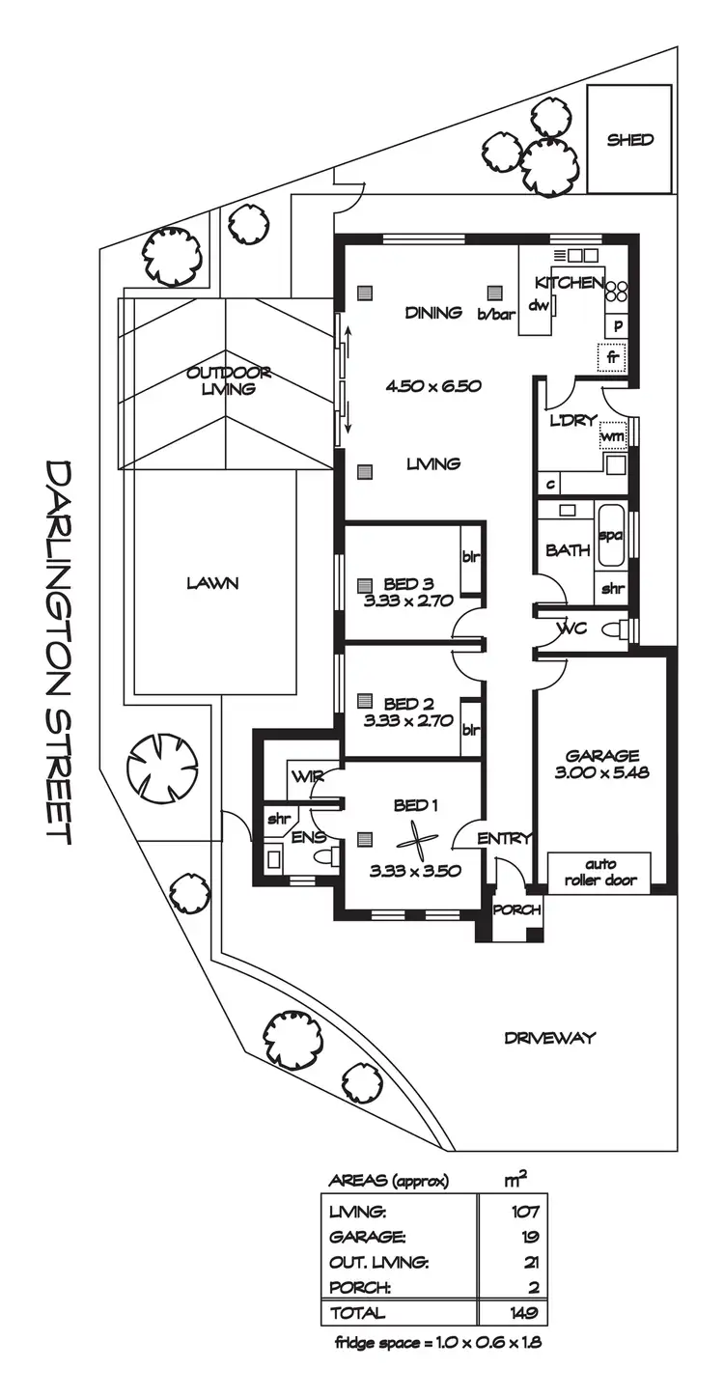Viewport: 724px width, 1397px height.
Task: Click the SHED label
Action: (629, 140)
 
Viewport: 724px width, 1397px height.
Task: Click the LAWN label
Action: (213, 583)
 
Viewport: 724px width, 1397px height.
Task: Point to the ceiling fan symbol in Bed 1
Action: (416, 840)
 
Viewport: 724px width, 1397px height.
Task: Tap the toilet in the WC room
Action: (612, 630)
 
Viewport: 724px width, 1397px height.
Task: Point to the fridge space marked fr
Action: (611, 356)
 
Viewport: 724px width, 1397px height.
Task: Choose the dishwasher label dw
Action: (538, 306)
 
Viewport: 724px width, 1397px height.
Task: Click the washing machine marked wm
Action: (612, 436)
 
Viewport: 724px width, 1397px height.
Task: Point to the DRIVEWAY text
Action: (549, 1038)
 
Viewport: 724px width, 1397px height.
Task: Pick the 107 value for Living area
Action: (525, 1212)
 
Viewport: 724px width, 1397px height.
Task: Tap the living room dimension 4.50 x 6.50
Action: (432, 386)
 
